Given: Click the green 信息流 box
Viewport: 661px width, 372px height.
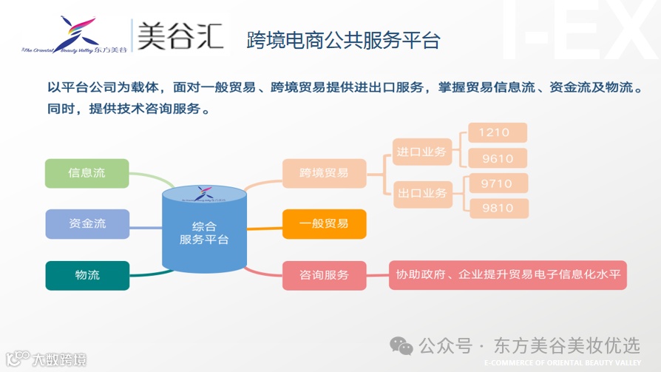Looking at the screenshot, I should (87, 173).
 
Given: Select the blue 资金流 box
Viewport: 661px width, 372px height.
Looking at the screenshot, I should (87, 223).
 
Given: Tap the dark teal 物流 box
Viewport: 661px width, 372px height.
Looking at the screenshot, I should (87, 275).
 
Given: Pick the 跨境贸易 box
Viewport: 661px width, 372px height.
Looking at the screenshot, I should (324, 173).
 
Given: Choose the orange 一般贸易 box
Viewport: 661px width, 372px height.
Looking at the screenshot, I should (324, 223).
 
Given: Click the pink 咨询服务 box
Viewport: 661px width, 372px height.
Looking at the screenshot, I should (324, 275).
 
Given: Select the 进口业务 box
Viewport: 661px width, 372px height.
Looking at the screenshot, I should (421, 152).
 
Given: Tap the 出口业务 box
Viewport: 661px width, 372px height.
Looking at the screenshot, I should (421, 193).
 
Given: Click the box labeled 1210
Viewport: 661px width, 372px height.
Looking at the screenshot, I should (498, 133).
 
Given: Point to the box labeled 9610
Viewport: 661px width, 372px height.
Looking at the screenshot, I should (498, 158).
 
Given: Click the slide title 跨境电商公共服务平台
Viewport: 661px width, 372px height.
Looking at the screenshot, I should (343, 41).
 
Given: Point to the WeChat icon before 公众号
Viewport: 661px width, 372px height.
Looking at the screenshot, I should (402, 345).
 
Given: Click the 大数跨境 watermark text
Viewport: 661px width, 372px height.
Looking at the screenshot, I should (58, 360).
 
